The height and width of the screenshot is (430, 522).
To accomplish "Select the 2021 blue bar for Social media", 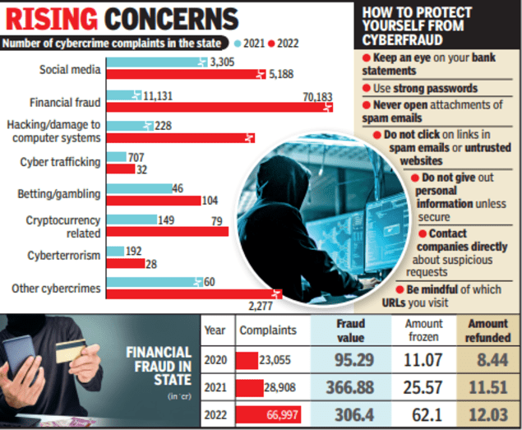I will [x=157, y=62].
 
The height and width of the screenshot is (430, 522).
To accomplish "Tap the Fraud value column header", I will [x=350, y=330].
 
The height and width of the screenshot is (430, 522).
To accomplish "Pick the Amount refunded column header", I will [x=487, y=330].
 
